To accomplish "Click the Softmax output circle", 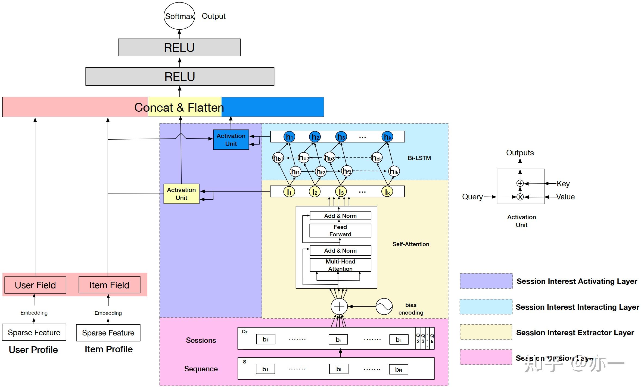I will point(179,16).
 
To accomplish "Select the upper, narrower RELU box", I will point(179,48).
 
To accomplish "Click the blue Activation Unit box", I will point(231,140).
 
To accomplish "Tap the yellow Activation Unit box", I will point(181,194).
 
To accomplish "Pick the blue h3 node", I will point(341,137).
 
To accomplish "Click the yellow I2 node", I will point(315,192).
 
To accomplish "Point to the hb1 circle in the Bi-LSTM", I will point(278,158).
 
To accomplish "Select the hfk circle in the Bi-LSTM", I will point(394,171).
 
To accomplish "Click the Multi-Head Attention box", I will point(340,265).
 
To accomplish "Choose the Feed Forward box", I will point(340,230).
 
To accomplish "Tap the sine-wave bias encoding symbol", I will point(384,306).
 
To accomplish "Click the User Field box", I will point(35,285).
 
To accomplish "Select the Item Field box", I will point(109,285).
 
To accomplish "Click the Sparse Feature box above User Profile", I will point(34,332).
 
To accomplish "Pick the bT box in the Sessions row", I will point(399,340).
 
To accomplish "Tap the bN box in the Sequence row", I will point(398,369).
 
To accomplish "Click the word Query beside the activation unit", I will point(472,197).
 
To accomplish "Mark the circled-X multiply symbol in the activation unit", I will point(520,197).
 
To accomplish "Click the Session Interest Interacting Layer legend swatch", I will point(486,307).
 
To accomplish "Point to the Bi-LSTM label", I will point(419,158).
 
